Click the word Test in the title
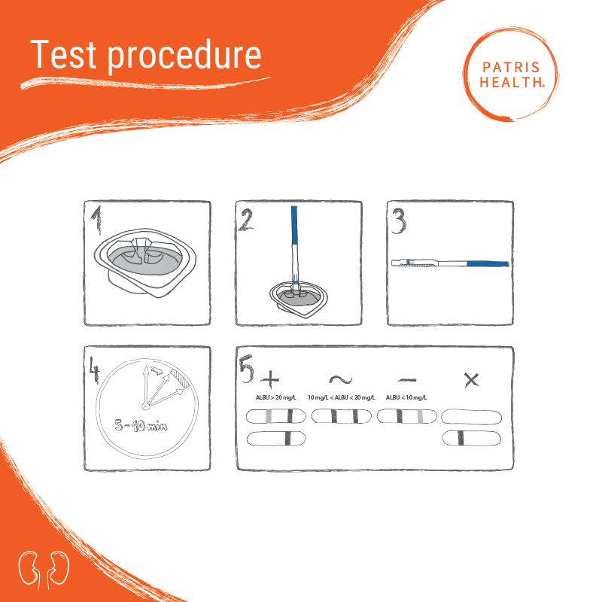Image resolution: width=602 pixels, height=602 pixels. (x=63, y=54)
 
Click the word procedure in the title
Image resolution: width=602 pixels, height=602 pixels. (x=184, y=56)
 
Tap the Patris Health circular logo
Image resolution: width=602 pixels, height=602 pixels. (x=511, y=74)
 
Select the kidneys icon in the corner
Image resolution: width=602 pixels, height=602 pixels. (x=44, y=570)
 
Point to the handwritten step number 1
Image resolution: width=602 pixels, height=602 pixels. (x=97, y=220)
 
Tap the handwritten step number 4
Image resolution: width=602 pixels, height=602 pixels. (x=94, y=369)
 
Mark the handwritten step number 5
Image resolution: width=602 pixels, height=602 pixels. (x=247, y=369)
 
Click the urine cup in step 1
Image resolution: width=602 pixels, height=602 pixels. (x=145, y=263)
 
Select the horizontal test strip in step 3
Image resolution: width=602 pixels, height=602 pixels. (x=450, y=263)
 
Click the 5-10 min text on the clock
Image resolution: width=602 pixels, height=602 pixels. (x=141, y=425)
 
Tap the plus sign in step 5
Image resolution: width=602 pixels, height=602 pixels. (x=270, y=379)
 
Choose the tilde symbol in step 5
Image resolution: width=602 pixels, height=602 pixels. (x=341, y=380)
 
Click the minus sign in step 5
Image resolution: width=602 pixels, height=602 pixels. (x=407, y=380)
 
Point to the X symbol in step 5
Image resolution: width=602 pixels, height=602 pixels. (x=472, y=380)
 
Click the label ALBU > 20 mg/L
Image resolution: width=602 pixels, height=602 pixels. (x=276, y=397)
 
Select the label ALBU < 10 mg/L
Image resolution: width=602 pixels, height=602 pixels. (x=406, y=397)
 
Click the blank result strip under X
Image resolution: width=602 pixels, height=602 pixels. (x=472, y=417)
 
